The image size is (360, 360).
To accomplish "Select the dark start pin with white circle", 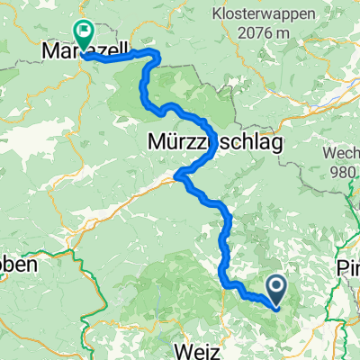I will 275,288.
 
